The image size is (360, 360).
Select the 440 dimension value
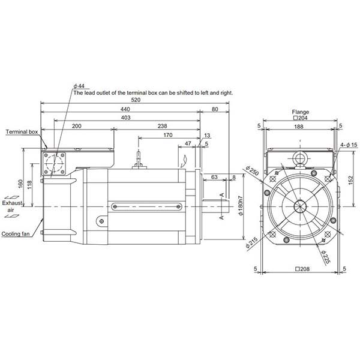tap(124, 109)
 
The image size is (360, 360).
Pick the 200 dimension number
tap(77, 127)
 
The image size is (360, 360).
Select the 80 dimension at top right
tap(215, 109)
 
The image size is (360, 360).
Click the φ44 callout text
tap(79, 86)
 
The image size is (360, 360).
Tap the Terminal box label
tap(22, 131)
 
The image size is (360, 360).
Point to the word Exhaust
tap(11, 204)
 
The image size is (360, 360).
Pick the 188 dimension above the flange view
tap(299, 127)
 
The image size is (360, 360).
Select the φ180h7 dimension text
tap(240, 207)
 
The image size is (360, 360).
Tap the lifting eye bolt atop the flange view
tap(299, 158)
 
